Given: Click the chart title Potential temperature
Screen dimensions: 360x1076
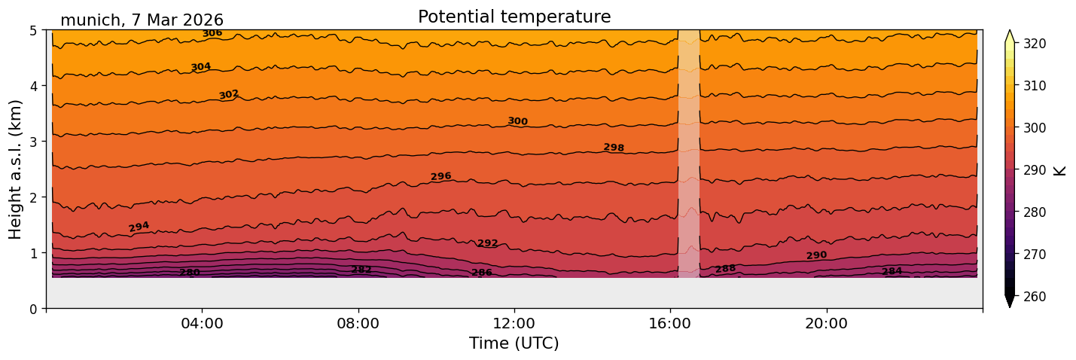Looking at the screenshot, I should pos(514,17).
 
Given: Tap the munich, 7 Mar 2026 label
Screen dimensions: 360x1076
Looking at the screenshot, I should pos(142,20).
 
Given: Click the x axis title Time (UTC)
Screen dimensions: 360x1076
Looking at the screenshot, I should pos(514,344).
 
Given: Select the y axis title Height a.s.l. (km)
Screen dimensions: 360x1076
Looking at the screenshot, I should pos(16,169).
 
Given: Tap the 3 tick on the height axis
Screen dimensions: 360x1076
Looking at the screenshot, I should pos(35,142).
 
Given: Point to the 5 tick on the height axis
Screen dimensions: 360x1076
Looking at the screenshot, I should pos(35,30).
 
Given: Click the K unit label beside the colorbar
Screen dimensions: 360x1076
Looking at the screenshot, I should pos(1060,169).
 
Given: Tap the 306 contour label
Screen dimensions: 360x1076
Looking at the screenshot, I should pos(212,33).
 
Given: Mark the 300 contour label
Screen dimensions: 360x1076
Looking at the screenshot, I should pos(517,121).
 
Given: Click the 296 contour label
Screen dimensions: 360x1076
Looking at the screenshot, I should pos(440,176).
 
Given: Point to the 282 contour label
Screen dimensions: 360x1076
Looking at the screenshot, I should pos(361,270).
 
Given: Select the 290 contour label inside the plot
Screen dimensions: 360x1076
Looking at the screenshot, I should pos(816,256).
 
